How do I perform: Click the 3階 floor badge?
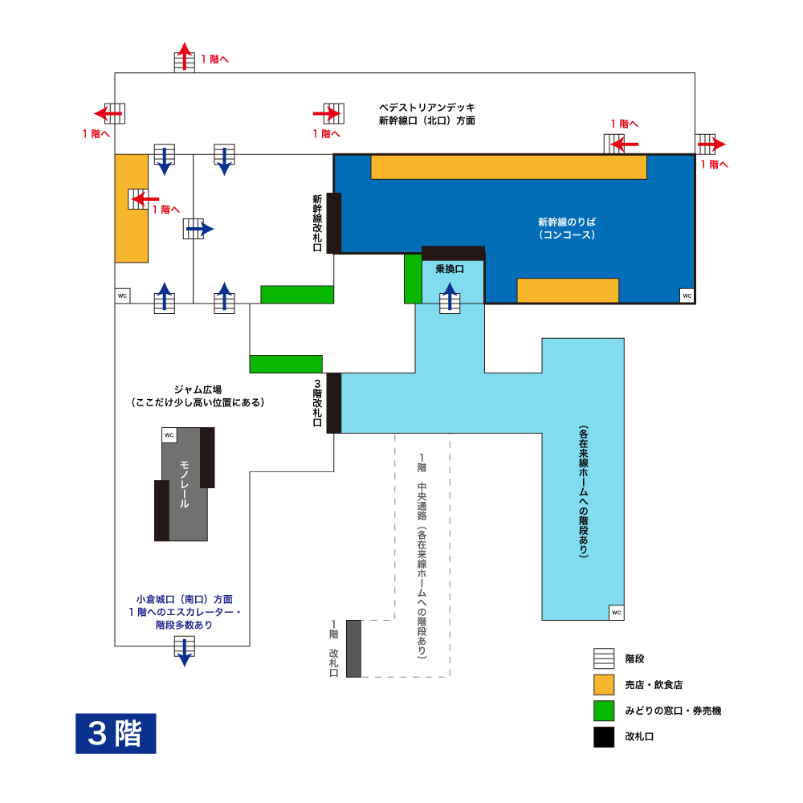coord(116,733)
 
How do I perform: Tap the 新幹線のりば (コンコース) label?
coord(566,228)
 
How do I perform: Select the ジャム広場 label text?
coord(198,389)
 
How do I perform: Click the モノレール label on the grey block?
coord(185,484)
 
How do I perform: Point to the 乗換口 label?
coord(450,269)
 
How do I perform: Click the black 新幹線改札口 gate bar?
coord(334,222)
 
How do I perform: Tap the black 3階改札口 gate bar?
coord(334,403)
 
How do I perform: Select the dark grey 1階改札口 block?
coord(354,648)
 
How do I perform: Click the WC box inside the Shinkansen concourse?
coord(687,296)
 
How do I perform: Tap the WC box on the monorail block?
coord(169,434)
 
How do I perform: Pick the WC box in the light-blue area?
coord(617,613)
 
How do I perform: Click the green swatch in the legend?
coord(604,711)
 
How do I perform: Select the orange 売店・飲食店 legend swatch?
coord(604,685)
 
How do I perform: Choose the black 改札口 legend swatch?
coord(604,737)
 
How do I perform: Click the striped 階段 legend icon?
coord(604,658)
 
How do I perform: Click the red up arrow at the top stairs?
coord(185,56)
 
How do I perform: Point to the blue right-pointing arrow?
coord(200,229)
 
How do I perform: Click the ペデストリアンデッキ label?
coord(427,108)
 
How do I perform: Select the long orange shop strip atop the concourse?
coord(508,167)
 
